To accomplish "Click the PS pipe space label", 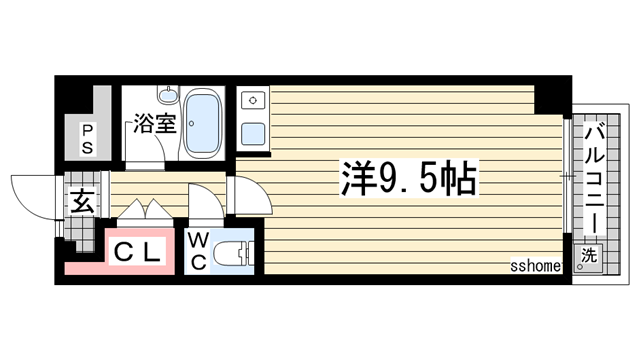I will click(87, 138).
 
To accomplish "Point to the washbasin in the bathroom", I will click(168, 98).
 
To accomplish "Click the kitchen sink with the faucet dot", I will click(252, 101).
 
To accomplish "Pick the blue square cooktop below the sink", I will click(252, 130).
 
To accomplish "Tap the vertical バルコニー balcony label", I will click(593, 174).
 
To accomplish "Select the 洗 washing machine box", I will click(591, 256).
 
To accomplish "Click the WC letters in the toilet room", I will click(198, 251).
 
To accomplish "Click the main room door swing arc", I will click(247, 191).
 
